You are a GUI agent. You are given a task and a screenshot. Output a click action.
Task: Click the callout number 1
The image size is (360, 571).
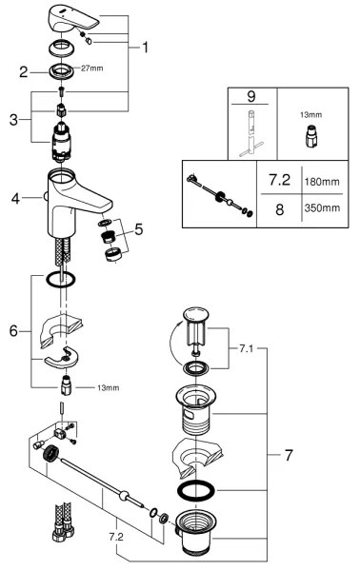tap(146, 45)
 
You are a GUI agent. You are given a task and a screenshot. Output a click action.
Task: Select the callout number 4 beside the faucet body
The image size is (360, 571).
tap(16, 199)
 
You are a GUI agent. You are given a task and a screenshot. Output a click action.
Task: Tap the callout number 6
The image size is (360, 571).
tap(13, 330)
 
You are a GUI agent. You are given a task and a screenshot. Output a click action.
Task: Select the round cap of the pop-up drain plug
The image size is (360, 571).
tap(197, 316)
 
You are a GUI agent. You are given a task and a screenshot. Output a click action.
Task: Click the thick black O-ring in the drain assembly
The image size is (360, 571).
tap(195, 491)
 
